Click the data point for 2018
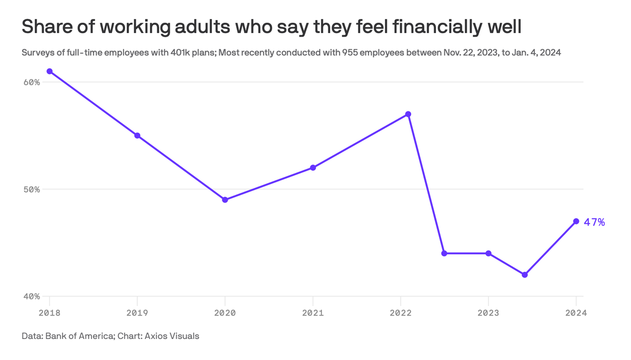[x=49, y=71]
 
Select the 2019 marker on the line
[x=137, y=136]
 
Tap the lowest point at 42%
[x=524, y=275]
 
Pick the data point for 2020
[x=225, y=200]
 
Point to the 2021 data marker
[x=313, y=168]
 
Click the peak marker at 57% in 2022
[x=408, y=114]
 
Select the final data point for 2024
[x=576, y=221]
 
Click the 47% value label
[x=595, y=222]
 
